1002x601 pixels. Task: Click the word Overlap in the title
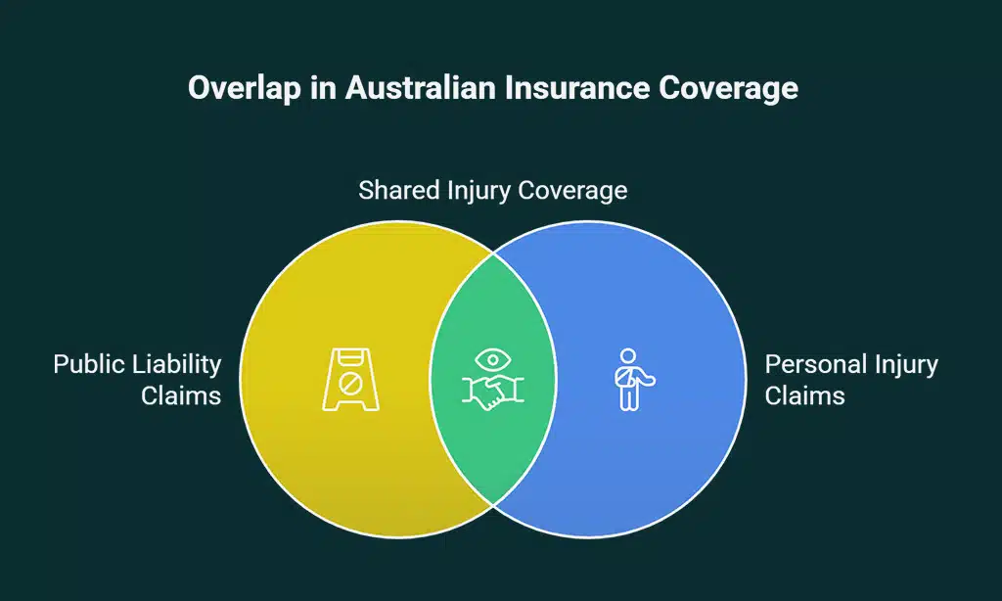(x=240, y=88)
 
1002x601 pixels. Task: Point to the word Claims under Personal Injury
(x=804, y=396)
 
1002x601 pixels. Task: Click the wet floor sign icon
(x=351, y=378)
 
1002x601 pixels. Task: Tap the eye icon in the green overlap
(x=493, y=359)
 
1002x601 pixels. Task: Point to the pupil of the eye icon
(x=493, y=359)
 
